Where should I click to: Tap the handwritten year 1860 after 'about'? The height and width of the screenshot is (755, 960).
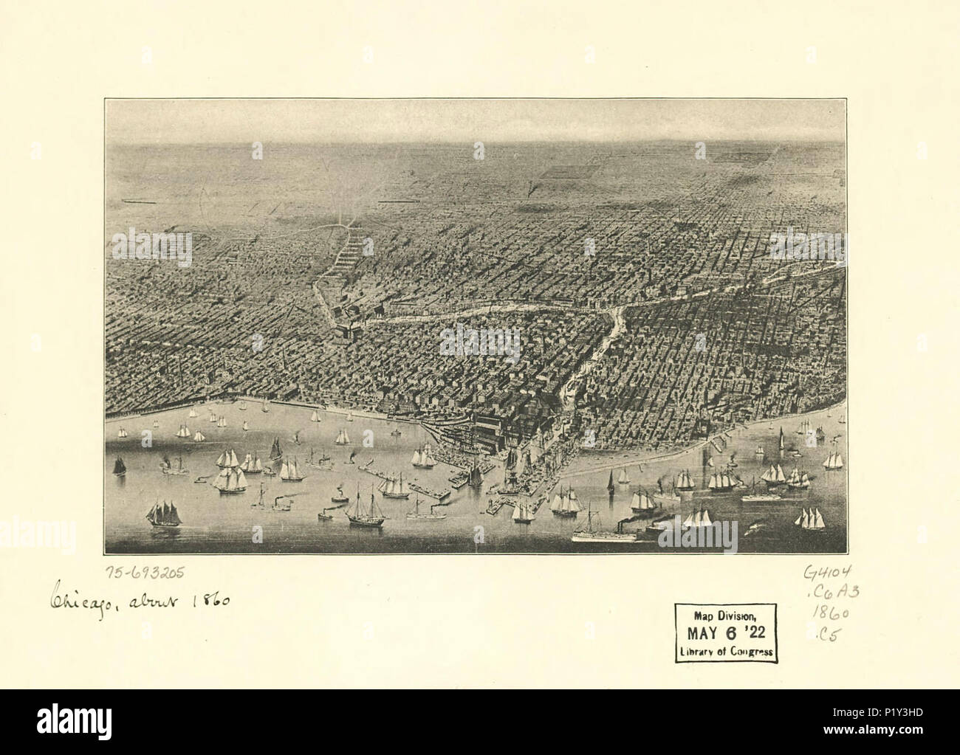212,601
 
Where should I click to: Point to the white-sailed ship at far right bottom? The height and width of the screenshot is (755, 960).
810,518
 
